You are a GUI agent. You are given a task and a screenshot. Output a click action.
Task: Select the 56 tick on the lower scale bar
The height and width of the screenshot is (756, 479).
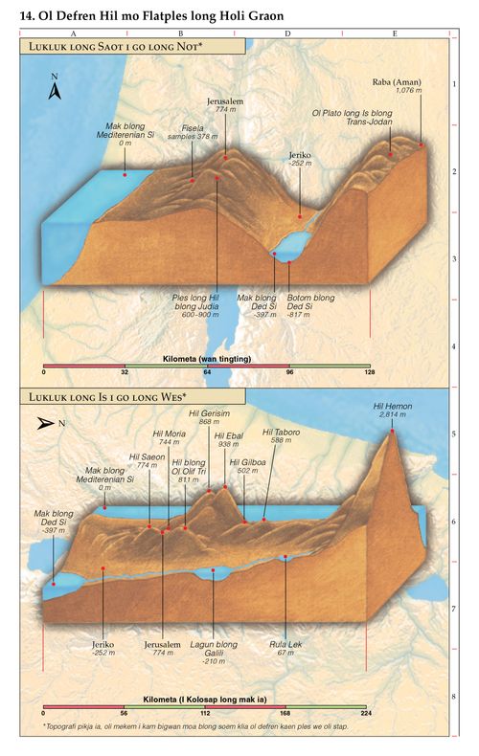(125, 713)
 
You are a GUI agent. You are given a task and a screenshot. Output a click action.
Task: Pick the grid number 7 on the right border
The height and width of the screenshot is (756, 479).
(452, 609)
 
